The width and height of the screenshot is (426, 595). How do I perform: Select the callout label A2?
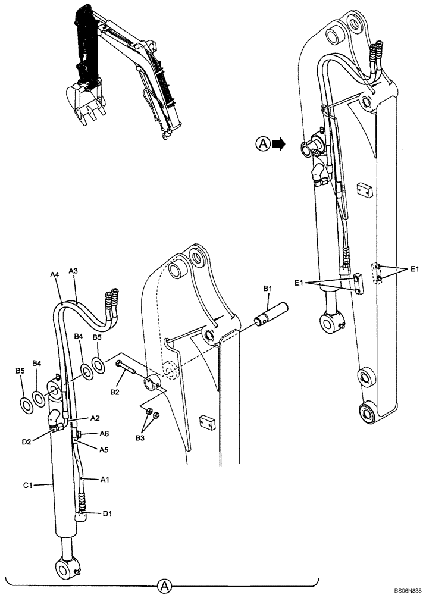(x=95, y=418)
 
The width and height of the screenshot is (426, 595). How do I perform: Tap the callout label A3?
(x=74, y=271)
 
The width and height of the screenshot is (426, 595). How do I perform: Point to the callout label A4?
(x=55, y=275)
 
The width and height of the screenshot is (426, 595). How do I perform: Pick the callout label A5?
(x=104, y=450)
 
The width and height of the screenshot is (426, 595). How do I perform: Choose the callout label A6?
(x=104, y=434)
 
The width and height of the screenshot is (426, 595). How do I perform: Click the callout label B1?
(x=268, y=289)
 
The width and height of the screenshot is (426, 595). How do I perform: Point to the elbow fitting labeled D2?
(x=58, y=419)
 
